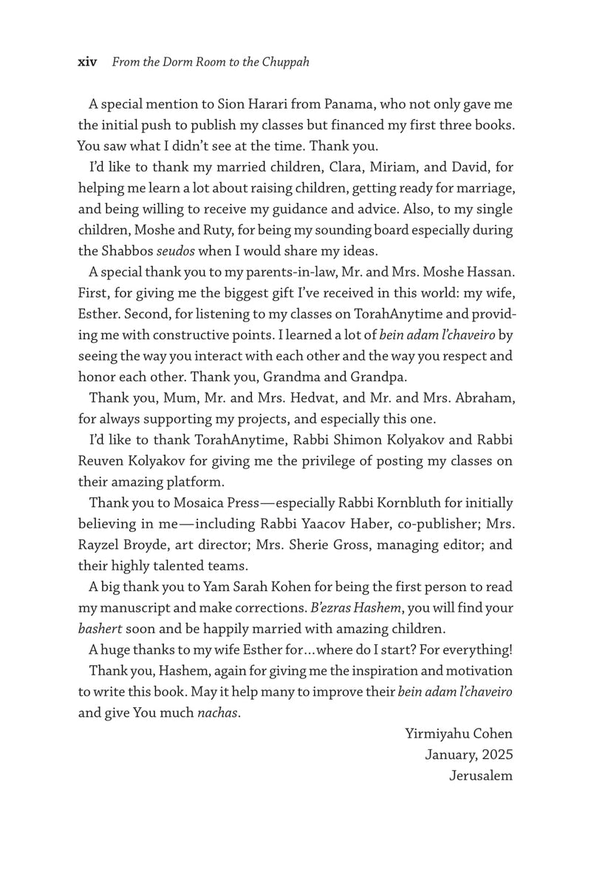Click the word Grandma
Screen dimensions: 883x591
click(x=301, y=377)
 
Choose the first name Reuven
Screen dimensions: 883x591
click(x=102, y=462)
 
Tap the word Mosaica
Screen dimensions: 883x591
click(x=209, y=504)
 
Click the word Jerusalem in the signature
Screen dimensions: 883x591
click(x=479, y=777)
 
